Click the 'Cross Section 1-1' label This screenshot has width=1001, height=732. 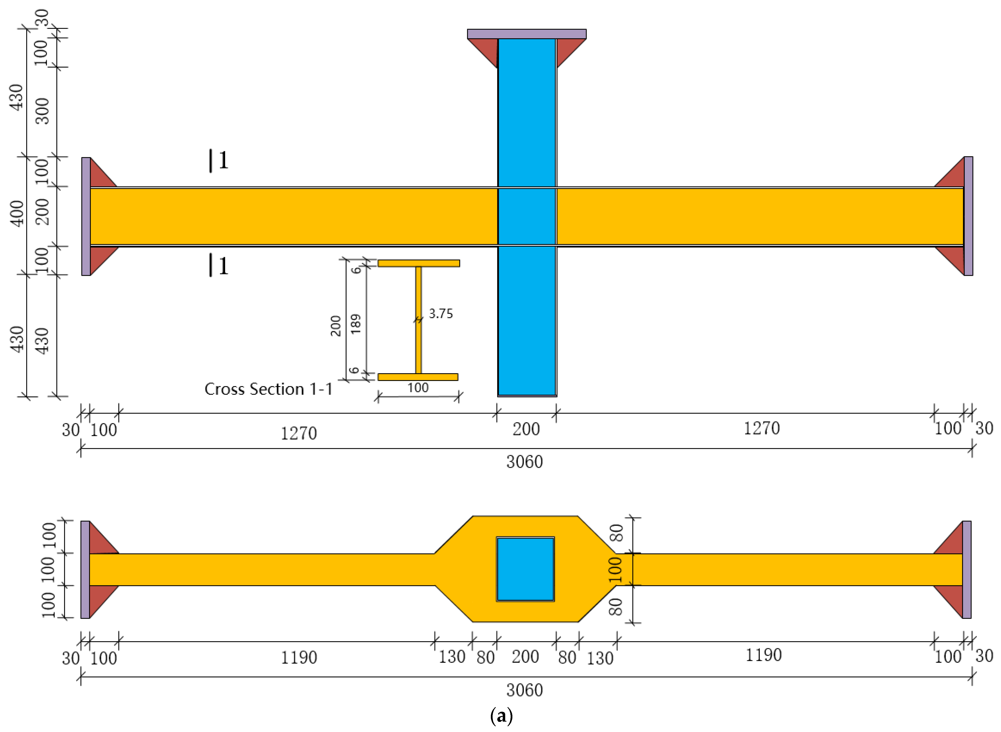click(268, 389)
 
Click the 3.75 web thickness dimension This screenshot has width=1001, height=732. click(440, 314)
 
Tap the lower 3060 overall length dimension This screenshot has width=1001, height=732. click(524, 690)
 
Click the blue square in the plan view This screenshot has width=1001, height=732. click(525, 569)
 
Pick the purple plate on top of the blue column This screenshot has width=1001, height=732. click(526, 34)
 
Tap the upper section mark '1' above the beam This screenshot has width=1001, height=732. click(223, 160)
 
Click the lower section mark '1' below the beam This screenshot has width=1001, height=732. click(223, 266)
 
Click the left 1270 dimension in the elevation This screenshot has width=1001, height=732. click(299, 433)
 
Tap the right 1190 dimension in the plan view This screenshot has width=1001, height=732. click(763, 655)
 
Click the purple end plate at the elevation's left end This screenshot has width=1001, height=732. click(86, 216)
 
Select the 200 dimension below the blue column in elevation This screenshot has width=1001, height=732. click(526, 429)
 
